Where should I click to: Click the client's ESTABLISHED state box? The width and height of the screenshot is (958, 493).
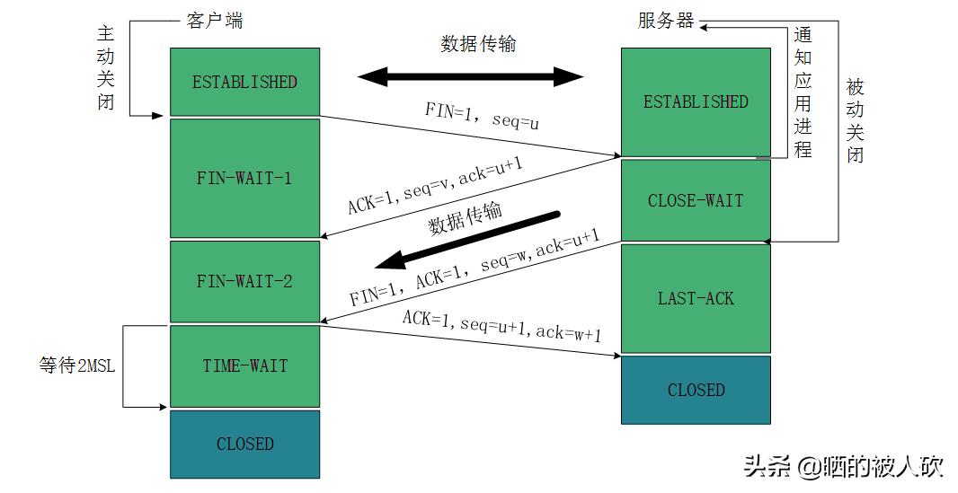point(244,82)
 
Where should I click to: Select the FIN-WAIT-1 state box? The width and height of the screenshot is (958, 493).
point(244,178)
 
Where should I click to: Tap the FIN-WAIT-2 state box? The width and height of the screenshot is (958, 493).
point(244,281)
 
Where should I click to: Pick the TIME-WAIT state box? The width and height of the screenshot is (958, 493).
point(244,365)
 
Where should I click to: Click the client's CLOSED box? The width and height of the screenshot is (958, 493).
point(244,444)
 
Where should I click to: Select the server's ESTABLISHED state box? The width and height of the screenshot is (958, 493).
point(695,101)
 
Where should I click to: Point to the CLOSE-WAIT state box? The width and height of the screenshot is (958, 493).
point(695,200)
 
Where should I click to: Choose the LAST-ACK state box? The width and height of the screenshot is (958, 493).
point(695,298)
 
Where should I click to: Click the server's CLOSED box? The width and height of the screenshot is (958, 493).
point(695,390)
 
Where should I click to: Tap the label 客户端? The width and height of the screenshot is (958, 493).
point(214,21)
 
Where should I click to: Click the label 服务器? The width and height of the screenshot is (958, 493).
point(666,21)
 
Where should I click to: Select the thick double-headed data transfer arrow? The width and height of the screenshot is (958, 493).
point(471,76)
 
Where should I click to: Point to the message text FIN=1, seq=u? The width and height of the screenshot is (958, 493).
point(482,116)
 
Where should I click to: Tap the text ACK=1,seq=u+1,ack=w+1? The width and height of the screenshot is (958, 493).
point(501,326)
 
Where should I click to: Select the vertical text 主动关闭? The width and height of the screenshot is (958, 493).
point(106,67)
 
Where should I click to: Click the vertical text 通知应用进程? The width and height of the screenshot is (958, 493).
point(803,92)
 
